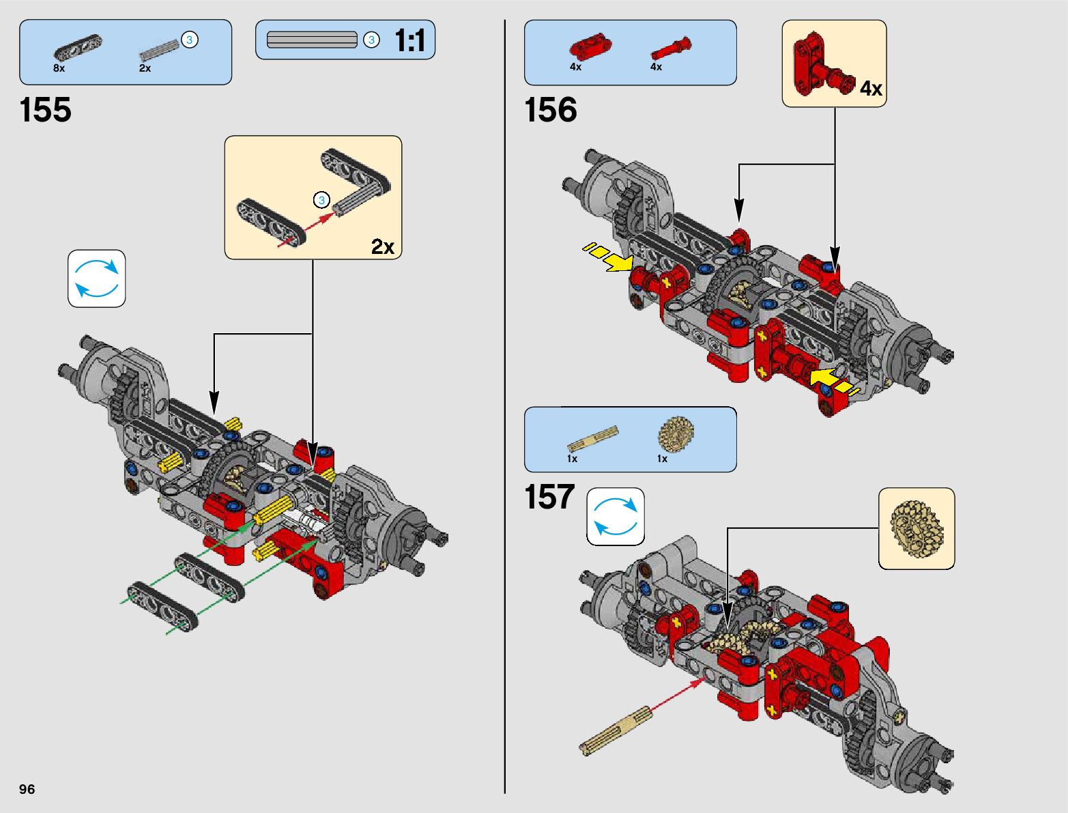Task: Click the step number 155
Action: [45, 109]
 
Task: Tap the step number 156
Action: [550, 109]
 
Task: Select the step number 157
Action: [549, 497]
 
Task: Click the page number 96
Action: [27, 788]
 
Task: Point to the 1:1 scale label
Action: [409, 40]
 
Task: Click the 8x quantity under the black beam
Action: [59, 68]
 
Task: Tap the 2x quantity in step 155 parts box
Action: [145, 68]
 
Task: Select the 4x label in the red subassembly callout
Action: [871, 89]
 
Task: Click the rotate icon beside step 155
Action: [96, 279]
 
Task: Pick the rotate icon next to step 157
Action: [616, 516]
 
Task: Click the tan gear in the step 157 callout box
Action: [917, 529]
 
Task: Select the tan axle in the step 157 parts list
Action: [592, 438]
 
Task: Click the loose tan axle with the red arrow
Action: [615, 731]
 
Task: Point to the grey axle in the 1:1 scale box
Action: [313, 40]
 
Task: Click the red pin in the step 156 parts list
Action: [671, 48]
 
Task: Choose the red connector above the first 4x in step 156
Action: [590, 47]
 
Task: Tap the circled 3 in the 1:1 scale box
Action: [372, 40]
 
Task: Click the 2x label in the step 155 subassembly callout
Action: [382, 246]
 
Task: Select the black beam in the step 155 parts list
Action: [78, 46]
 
